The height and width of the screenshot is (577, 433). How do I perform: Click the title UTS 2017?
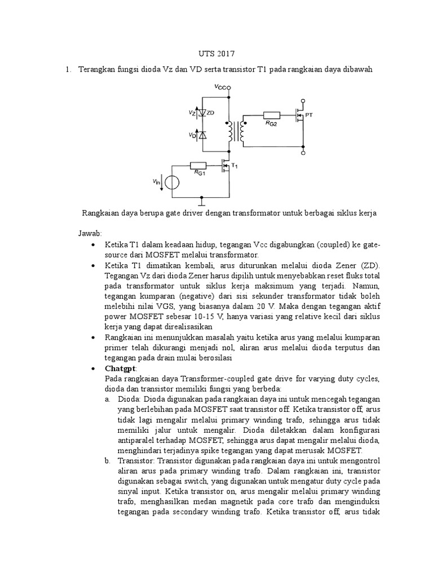[x=217, y=54]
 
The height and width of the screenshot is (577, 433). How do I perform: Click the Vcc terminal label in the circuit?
[x=221, y=87]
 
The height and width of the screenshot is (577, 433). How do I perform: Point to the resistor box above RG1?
[x=198, y=165]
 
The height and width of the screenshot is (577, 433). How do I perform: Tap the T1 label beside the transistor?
[x=236, y=167]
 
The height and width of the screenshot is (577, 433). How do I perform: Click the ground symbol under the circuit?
[x=203, y=201]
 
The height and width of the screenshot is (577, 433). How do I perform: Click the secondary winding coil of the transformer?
[x=242, y=132]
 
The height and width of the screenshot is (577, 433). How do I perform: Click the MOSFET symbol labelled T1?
[x=226, y=166]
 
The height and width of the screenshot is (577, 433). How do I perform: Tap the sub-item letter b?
[x=107, y=460]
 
